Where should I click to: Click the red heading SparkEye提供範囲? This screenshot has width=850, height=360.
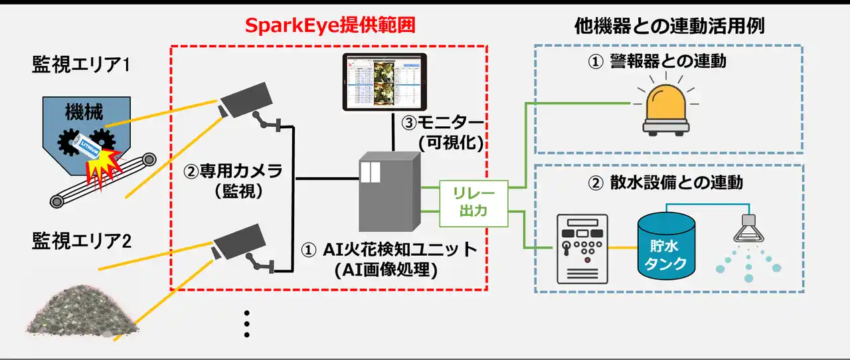click(x=330, y=26)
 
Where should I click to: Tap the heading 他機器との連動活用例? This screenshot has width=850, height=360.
click(x=669, y=26)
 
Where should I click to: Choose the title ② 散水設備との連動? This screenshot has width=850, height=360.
click(x=666, y=182)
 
